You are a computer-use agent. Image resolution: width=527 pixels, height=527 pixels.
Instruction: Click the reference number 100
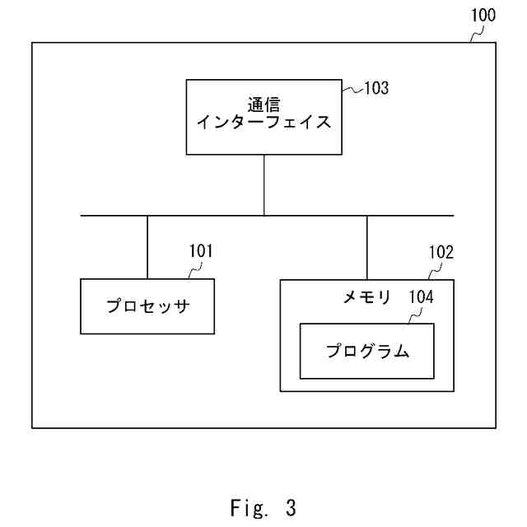click(483, 16)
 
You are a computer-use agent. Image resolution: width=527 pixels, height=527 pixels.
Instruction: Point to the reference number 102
click(441, 253)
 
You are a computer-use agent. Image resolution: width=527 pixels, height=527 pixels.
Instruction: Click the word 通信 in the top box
click(263, 105)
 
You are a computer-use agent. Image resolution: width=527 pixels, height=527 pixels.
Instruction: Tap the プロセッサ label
click(147, 307)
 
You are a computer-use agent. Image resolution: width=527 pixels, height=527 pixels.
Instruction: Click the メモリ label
click(367, 297)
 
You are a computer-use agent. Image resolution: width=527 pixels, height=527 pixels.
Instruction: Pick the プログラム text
click(366, 352)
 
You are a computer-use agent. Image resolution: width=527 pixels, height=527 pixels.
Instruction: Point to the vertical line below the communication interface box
click(263, 184)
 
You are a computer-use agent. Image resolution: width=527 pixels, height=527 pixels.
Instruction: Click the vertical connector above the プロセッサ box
click(147, 247)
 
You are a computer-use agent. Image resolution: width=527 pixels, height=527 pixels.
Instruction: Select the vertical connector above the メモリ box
click(367, 247)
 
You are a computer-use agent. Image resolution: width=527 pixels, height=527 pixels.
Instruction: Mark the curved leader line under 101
click(194, 270)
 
